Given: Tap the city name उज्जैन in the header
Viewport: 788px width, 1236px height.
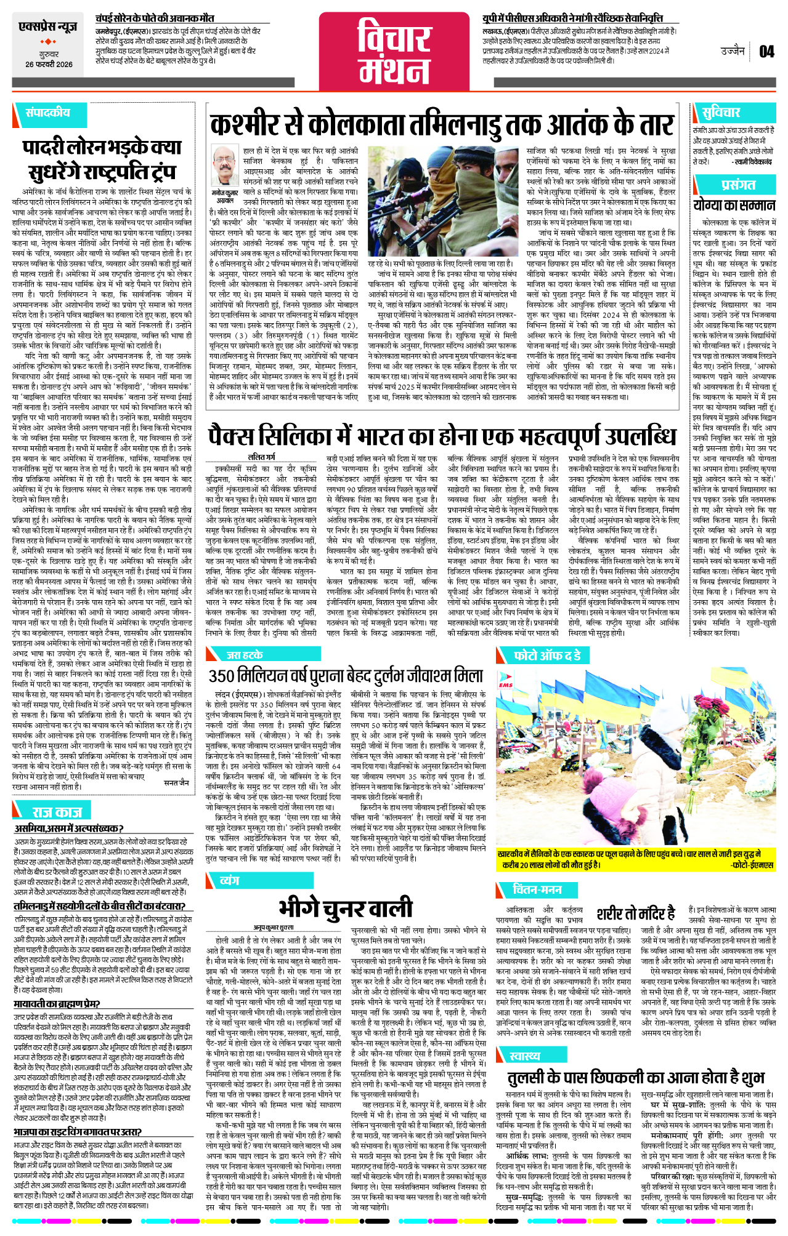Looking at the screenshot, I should (x=733, y=51).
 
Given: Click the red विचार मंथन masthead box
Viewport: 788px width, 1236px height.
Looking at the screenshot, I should (x=394, y=52).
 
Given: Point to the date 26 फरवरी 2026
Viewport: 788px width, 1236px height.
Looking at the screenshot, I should (x=49, y=65).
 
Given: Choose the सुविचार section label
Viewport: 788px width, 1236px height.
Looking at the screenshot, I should (x=721, y=113).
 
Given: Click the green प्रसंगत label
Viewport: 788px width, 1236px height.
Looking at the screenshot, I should (x=738, y=185).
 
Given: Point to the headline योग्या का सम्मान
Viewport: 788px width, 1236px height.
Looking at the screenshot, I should (x=733, y=205).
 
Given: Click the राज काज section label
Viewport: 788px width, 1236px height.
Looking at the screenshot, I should (x=57, y=813).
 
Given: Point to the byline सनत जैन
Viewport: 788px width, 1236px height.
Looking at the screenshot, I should (x=177, y=783).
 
